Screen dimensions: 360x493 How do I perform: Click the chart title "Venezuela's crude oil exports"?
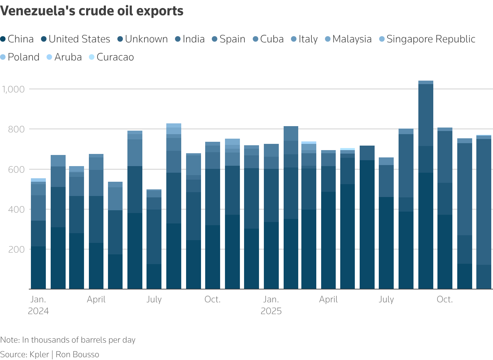tap(92, 11)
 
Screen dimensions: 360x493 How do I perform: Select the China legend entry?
tap(17, 39)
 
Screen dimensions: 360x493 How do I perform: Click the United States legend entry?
tap(75, 39)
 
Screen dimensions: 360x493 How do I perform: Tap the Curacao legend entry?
tap(111, 57)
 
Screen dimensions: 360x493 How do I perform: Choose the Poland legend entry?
tap(20, 57)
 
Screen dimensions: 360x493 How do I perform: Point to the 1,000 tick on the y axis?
tap(14, 89)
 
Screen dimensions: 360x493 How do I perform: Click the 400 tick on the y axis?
tap(17, 210)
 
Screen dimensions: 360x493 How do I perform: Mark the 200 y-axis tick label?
tap(17, 249)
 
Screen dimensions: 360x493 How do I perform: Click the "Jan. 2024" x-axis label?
tap(38, 305)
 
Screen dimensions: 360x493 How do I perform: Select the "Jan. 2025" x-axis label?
tap(271, 305)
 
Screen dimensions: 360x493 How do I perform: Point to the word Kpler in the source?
tap(39, 354)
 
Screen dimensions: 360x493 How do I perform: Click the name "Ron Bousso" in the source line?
tap(77, 354)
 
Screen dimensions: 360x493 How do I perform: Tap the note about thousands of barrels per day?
tap(68, 340)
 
